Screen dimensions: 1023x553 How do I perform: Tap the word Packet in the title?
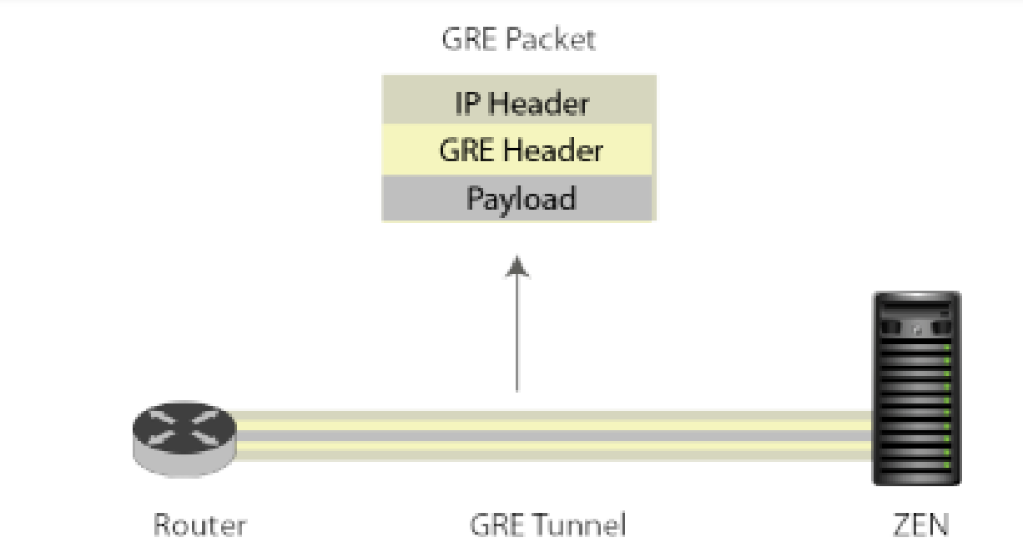(551, 38)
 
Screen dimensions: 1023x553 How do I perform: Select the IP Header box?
(519, 99)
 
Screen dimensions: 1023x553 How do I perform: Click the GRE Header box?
(517, 150)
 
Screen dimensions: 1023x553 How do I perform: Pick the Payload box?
(517, 198)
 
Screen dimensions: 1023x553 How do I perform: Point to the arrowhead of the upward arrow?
(517, 266)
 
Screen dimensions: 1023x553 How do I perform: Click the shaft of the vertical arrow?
(517, 334)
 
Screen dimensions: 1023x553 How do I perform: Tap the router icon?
(184, 439)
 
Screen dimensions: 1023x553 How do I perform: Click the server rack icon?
(916, 388)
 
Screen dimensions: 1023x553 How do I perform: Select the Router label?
(200, 525)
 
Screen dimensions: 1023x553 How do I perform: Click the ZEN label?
(920, 525)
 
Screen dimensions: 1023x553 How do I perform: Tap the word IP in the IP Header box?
(467, 103)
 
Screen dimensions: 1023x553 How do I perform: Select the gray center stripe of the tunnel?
(554, 435)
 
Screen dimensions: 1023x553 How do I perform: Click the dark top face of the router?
(184, 428)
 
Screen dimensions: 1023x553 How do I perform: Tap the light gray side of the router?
(184, 466)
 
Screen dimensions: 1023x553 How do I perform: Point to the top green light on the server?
(946, 348)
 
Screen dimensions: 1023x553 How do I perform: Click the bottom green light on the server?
(946, 465)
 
